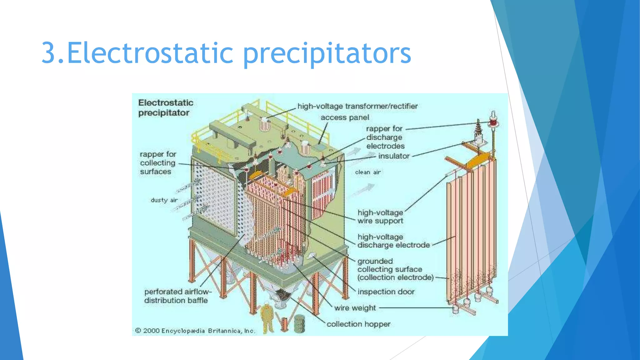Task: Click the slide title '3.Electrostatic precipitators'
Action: coord(226,53)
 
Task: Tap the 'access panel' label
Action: coord(345,117)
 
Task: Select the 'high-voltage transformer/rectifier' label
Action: coord(357,106)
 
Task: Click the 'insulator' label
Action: coord(394,156)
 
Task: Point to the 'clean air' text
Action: coord(368,172)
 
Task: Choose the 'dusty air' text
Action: coord(164,200)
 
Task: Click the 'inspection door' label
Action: coord(386,292)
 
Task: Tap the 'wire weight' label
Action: coord(355,308)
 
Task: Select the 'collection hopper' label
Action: coord(358,324)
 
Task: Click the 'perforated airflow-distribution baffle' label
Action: coord(177,296)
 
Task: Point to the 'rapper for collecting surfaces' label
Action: coord(158,163)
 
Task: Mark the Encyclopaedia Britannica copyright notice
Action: coord(195,331)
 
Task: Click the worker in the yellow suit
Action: coord(267,317)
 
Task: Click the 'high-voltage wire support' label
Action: coord(380,217)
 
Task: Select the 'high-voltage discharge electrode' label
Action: coord(393,241)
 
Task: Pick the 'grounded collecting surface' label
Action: coord(395,269)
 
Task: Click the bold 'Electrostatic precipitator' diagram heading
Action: coord(166,107)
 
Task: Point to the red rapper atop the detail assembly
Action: coord(493,122)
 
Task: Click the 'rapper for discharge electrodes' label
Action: coord(385,137)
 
